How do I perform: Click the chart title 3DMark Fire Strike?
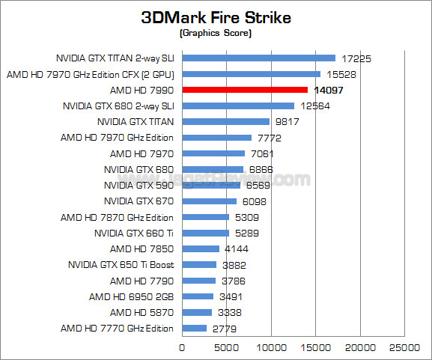(x=216, y=18)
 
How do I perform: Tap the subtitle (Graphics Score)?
(x=216, y=34)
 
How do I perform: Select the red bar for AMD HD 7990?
(x=245, y=90)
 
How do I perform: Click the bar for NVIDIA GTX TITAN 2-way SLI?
(x=258, y=58)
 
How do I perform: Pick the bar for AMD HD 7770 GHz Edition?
(x=194, y=328)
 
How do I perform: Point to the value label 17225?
(x=356, y=58)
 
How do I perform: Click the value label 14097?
(x=329, y=90)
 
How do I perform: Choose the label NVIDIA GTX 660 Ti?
(x=134, y=233)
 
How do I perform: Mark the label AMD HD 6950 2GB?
(x=131, y=296)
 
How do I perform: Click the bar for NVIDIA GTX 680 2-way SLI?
(x=238, y=106)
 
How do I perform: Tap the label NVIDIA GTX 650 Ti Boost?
(x=121, y=264)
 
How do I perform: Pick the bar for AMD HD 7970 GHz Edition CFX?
(x=251, y=73)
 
